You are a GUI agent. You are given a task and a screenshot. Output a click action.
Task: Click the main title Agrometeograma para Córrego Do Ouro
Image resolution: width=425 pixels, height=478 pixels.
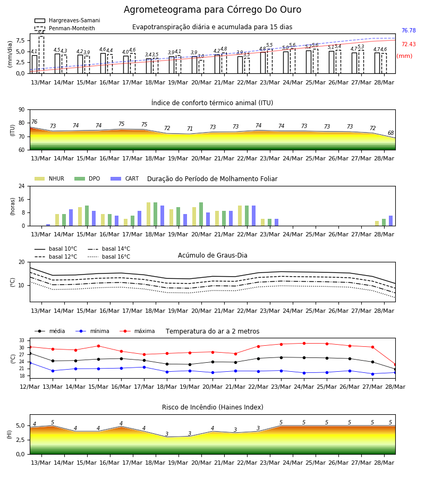pos(212,10)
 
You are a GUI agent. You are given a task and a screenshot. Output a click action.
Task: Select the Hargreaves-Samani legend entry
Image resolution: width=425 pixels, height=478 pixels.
pos(67,20)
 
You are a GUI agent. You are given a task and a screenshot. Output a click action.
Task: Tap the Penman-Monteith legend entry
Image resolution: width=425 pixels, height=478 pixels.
pos(65,28)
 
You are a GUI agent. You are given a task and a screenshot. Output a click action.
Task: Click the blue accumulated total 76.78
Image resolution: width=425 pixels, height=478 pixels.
pos(409,30)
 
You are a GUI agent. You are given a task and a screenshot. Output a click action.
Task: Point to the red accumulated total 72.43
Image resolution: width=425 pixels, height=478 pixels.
pos(409,44)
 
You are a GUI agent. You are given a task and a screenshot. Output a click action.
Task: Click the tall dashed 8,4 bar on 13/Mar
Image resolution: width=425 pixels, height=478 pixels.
pos(41,55)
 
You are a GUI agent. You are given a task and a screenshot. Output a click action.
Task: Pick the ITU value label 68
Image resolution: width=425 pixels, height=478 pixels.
pos(390,133)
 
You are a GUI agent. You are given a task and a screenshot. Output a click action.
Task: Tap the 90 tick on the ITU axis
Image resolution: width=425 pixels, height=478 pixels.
pos(22,110)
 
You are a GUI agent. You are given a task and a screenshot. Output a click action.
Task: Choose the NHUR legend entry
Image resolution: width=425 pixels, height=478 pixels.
pos(49,178)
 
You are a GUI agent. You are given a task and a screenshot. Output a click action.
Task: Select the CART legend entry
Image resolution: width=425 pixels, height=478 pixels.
pos(125,178)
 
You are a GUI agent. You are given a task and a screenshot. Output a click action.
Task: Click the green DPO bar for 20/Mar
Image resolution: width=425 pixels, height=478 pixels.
pos(201,214)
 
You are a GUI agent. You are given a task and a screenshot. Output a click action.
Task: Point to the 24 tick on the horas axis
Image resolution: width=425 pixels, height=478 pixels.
pos(22,186)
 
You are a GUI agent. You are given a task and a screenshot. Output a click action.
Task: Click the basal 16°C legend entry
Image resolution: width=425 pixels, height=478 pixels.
pos(109,257)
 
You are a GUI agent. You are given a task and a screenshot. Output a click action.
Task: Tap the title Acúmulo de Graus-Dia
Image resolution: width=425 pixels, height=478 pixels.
pos(212,255)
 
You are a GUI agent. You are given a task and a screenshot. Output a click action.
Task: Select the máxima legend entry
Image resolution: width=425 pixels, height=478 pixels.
pos(137,331)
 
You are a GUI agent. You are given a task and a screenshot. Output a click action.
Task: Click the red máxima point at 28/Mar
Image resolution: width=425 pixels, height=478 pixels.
pos(395,364)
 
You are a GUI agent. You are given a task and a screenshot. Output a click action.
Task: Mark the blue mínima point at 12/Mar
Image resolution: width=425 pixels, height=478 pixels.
pos(30,363)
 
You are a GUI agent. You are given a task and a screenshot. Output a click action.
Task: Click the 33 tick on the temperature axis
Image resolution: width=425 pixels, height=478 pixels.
pos(22,340)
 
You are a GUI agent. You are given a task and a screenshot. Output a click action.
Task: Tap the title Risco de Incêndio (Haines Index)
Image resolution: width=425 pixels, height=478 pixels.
pos(212,407)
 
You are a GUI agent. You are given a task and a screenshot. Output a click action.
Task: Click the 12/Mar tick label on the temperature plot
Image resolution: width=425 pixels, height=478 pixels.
pos(30,387)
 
